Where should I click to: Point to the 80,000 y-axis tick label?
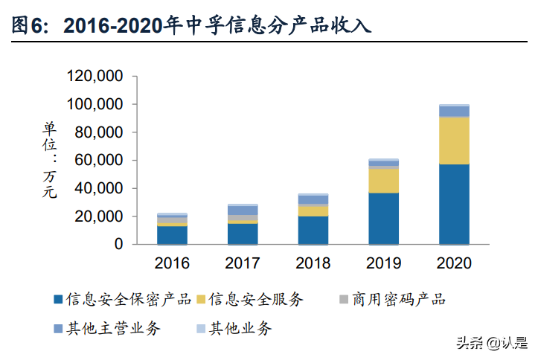(x=98, y=132)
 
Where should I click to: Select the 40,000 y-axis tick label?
(x=98, y=188)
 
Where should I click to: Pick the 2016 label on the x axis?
(x=172, y=263)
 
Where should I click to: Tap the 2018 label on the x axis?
(x=313, y=263)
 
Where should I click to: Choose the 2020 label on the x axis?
(x=454, y=263)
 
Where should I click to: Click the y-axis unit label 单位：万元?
(x=49, y=159)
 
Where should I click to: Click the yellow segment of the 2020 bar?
(x=454, y=141)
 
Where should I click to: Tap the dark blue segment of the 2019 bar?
(x=383, y=219)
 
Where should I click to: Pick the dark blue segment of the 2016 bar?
(x=172, y=235)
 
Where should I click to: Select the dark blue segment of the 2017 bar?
(x=243, y=234)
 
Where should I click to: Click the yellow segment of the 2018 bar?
(x=313, y=211)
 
